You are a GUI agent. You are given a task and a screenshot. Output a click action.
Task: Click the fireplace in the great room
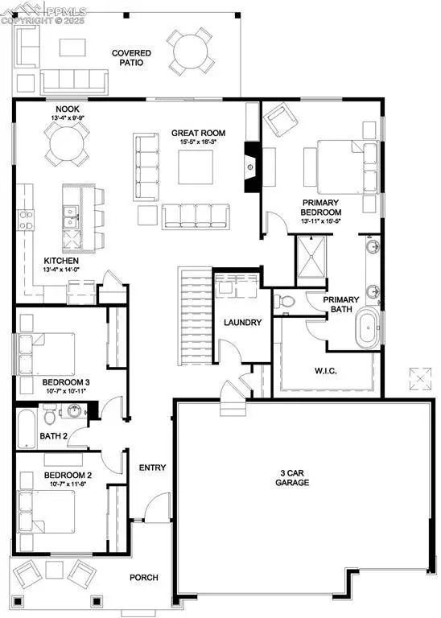pyautogui.click(x=251, y=167)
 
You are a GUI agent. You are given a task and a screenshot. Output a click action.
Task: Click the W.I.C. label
pyautogui.click(x=326, y=371)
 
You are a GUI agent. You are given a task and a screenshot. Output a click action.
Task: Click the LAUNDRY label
pyautogui.click(x=242, y=323)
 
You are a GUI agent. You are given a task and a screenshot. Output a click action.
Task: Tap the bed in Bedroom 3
pyautogui.click(x=47, y=350)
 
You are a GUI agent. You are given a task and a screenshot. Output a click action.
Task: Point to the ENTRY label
pyautogui.click(x=152, y=468)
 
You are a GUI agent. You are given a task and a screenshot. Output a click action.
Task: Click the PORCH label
pyautogui.click(x=144, y=578)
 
